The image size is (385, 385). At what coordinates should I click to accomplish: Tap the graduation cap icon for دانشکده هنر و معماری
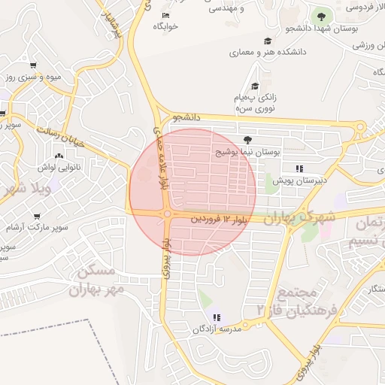tap(268, 41)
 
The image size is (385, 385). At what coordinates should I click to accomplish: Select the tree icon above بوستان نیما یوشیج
tap(248, 139)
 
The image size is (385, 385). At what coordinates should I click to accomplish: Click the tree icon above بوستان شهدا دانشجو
tap(322, 15)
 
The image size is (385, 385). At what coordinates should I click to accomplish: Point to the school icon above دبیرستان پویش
tap(299, 168)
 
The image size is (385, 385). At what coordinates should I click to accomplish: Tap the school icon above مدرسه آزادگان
tap(217, 317)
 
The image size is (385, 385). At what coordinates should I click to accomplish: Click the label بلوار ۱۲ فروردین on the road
tap(217, 219)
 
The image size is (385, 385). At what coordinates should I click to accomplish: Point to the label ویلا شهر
tap(26, 186)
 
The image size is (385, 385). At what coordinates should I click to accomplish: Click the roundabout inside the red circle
tap(166, 214)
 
